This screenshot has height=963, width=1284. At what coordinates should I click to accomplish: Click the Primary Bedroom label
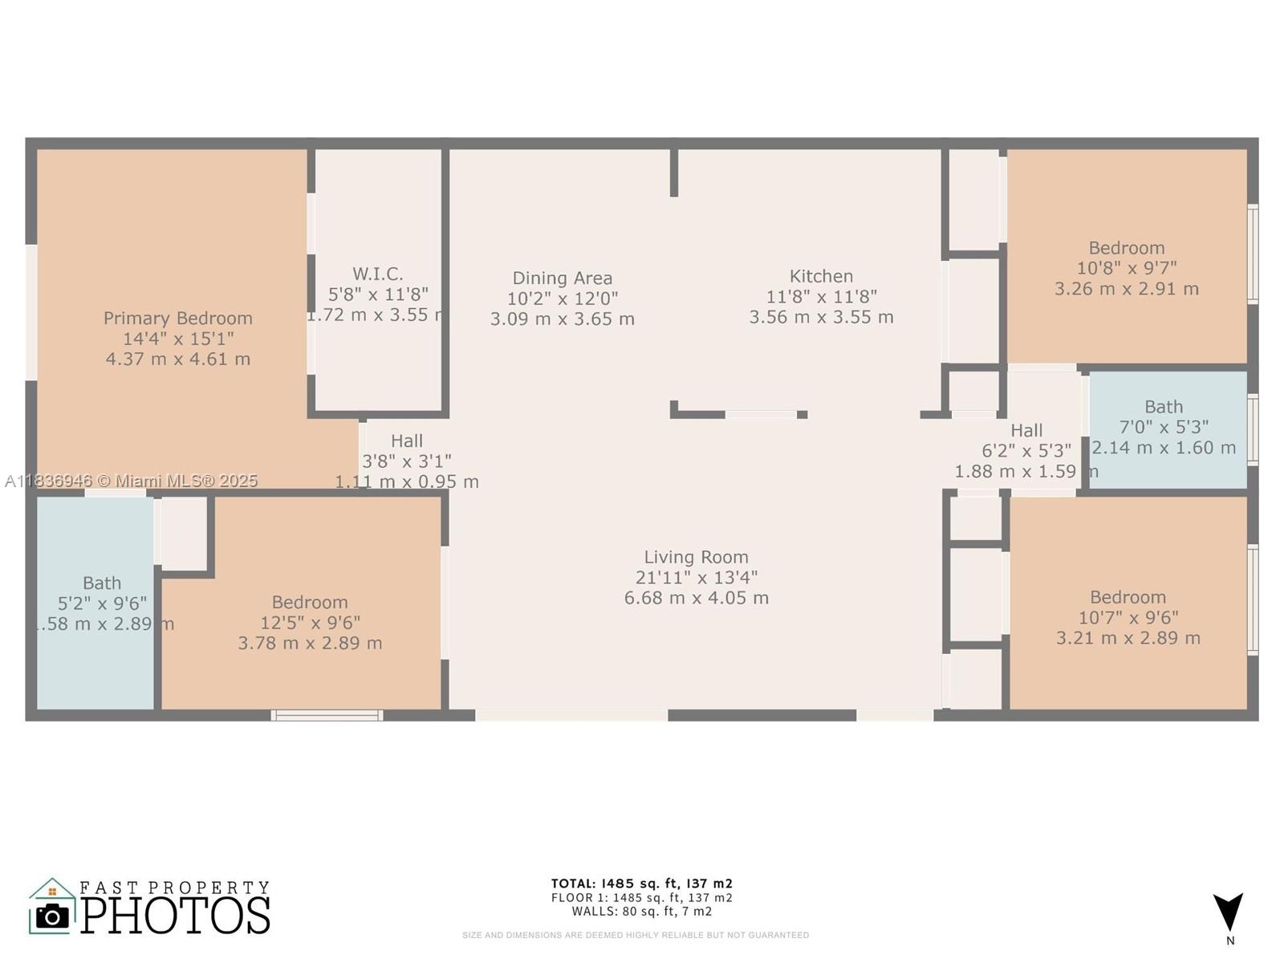tap(177, 319)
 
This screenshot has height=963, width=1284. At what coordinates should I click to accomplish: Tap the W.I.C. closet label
tap(377, 274)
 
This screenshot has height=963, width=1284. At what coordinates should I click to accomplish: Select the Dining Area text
tap(562, 278)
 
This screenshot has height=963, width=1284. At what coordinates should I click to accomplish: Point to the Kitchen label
tap(821, 276)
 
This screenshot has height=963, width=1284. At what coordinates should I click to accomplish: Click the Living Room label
tap(696, 557)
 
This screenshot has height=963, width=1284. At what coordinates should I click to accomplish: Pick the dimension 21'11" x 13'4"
tap(696, 578)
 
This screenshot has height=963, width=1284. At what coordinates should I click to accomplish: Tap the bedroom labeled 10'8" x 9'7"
tap(1126, 248)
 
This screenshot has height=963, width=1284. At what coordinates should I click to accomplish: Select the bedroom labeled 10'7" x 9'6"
tap(1128, 597)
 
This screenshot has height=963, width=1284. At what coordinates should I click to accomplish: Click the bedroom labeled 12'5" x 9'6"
tap(310, 603)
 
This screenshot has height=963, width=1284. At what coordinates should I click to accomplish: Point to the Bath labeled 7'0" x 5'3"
tap(1164, 407)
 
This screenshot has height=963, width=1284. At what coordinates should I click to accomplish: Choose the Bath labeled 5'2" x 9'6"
tap(102, 583)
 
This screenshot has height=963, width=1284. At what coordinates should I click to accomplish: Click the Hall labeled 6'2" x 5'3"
tap(1026, 431)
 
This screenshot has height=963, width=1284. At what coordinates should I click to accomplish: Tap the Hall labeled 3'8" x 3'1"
tap(406, 441)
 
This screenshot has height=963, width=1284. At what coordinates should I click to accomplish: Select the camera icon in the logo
tap(53, 916)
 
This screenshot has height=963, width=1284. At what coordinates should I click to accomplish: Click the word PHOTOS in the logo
tap(175, 916)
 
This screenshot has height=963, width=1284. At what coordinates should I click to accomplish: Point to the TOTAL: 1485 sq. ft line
tap(641, 884)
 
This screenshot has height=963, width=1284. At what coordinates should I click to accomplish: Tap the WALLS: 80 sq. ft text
tap(641, 912)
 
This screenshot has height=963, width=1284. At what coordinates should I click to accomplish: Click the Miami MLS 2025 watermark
tap(132, 481)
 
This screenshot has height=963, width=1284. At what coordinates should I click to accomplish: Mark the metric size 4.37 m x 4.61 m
tap(177, 360)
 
